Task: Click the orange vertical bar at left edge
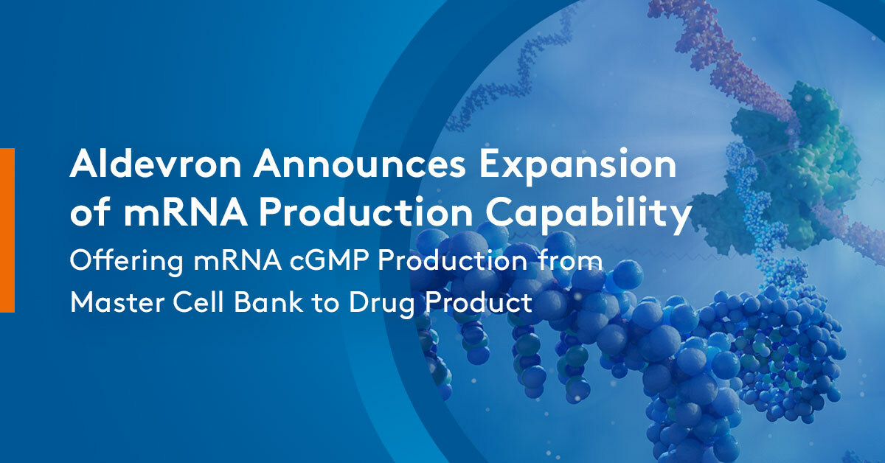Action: pos(7,229)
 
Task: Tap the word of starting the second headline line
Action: pos(88,215)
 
